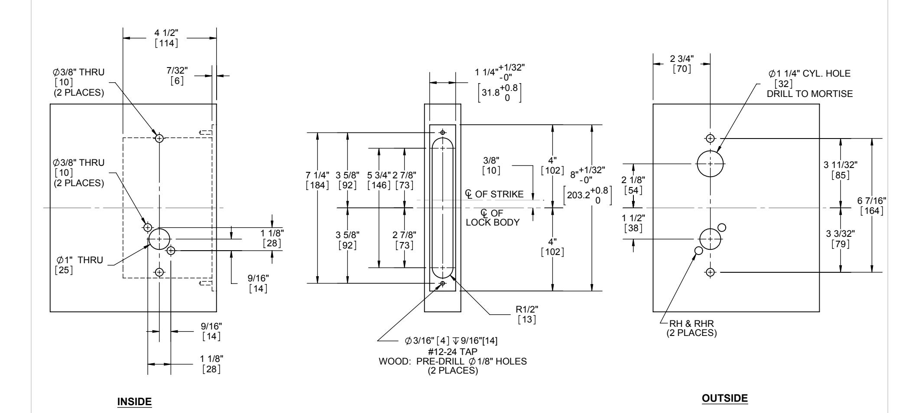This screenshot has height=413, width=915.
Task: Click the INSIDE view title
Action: (x=135, y=402)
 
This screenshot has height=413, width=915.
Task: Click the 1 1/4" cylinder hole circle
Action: (x=710, y=164)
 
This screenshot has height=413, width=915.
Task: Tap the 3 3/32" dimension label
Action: (x=840, y=234)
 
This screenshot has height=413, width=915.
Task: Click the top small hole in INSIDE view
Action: (x=160, y=138)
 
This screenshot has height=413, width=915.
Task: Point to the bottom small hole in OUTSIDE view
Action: (x=710, y=272)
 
